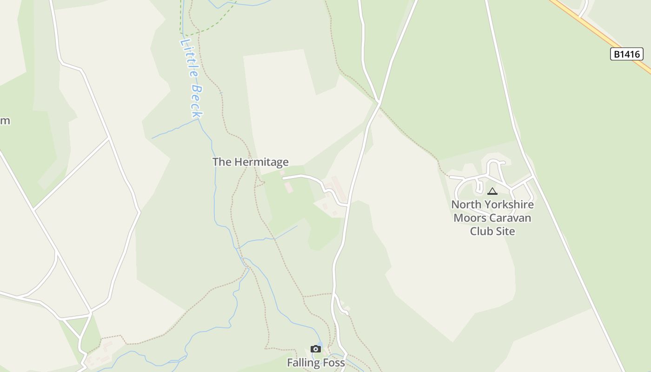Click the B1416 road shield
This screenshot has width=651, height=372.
pyautogui.click(x=626, y=54)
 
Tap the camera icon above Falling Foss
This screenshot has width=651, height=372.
pyautogui.click(x=316, y=349)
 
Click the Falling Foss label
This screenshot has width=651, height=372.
pyautogui.click(x=316, y=362)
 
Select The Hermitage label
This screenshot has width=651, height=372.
pyautogui.click(x=250, y=162)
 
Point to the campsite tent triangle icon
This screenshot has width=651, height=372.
pyautogui.click(x=492, y=191)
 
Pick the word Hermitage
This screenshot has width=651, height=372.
pyautogui.click(x=261, y=162)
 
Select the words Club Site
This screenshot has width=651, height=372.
pyautogui.click(x=492, y=231)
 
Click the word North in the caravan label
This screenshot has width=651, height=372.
pyautogui.click(x=466, y=205)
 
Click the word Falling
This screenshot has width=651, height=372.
pyautogui.click(x=304, y=362)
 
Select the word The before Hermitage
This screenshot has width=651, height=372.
pyautogui.click(x=222, y=162)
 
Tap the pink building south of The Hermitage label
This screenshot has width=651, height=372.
pyautogui.click(x=288, y=187)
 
